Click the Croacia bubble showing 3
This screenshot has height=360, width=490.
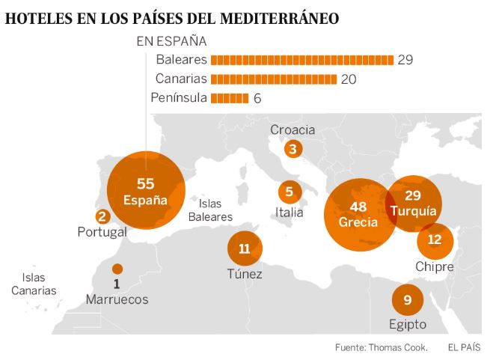coord(293,149)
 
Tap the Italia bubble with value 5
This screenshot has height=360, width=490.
coord(289,192)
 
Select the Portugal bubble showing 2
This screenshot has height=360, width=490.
coord(102,217)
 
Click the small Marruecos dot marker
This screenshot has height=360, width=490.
coord(116,269)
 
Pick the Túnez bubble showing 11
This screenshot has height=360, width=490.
coord(245,249)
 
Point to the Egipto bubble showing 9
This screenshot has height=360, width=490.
coord(407,300)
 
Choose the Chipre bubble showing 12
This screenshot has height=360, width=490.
coord(435,240)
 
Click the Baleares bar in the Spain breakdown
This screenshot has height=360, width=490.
coord(302,60)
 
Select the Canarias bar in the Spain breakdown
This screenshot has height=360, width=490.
coord(274,79)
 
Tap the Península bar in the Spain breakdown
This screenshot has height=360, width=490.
coord(230,98)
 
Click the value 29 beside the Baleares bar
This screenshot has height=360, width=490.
coord(405,60)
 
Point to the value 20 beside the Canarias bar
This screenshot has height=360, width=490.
coord(349,79)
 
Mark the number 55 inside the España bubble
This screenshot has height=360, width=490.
coord(144,184)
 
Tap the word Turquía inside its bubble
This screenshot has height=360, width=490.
coord(412,212)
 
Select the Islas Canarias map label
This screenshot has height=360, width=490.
coord(34,284)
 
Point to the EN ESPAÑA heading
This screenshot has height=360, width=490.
coord(171,41)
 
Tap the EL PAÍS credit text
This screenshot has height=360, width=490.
coord(464,347)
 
